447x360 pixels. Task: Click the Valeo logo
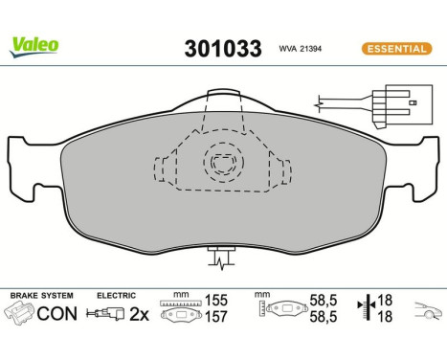[35, 44]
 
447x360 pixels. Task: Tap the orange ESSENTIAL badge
[394, 49]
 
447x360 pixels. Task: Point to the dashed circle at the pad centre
[224, 163]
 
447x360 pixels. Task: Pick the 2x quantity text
[140, 313]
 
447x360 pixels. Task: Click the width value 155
[217, 300]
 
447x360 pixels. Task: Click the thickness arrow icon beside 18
[365, 307]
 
